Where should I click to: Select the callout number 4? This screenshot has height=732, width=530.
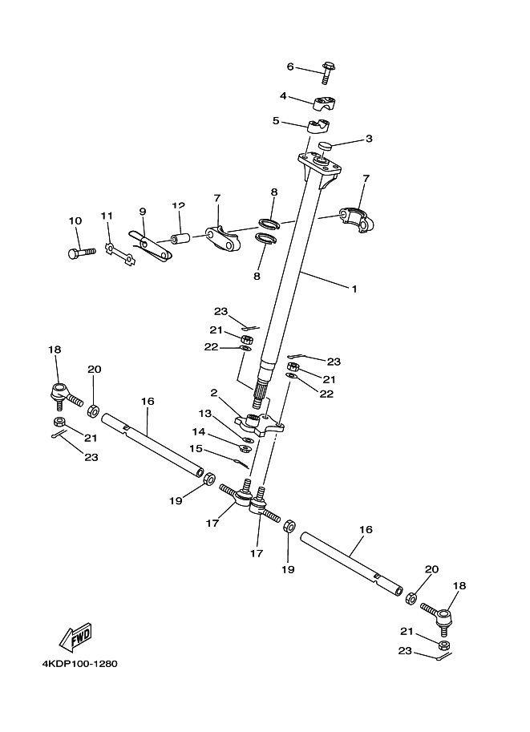click(283, 96)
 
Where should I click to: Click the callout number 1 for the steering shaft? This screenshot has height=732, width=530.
click(354, 289)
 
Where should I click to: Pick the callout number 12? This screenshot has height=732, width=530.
click(178, 206)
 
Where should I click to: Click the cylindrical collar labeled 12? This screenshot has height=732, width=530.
click(180, 238)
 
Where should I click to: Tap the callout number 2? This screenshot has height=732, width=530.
click(214, 393)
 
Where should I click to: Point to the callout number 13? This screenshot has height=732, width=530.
click(206, 414)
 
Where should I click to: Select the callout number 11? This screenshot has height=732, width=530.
click(106, 216)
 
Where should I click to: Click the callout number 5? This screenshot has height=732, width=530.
click(276, 121)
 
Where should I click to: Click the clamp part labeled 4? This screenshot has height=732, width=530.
click(325, 103)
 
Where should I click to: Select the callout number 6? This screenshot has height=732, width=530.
click(290, 67)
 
